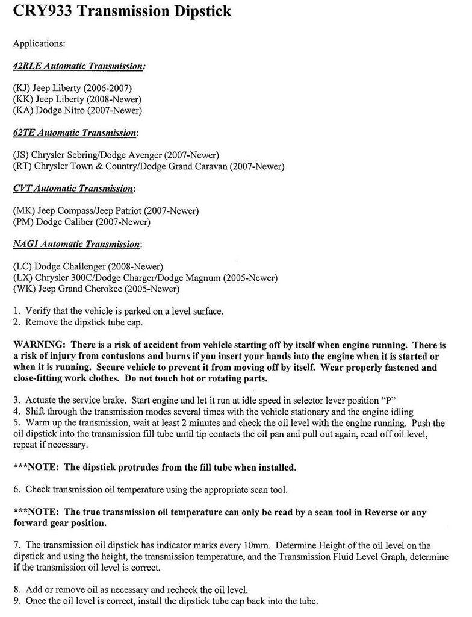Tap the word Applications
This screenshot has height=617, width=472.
(39, 43)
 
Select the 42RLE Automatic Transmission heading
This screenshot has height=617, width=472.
(78, 66)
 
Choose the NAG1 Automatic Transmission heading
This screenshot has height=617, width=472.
(77, 244)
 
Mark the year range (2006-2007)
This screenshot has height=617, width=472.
(114, 88)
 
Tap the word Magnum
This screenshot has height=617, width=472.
(202, 277)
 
